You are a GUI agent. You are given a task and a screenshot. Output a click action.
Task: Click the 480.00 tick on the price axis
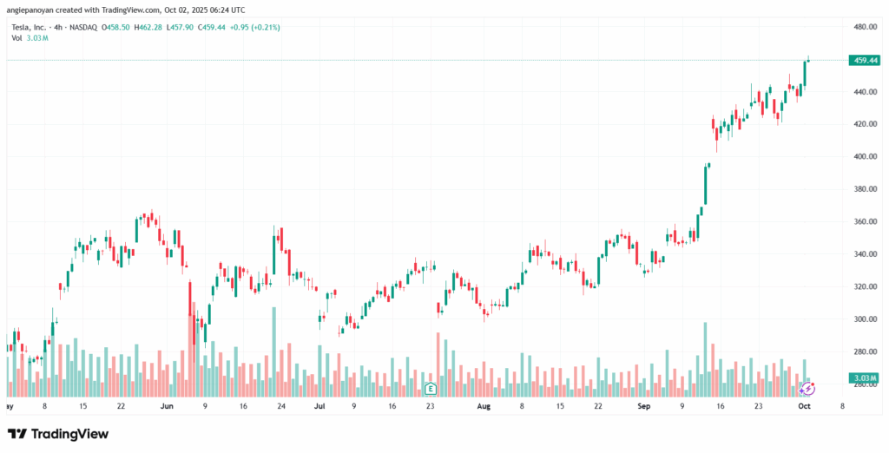[863, 27]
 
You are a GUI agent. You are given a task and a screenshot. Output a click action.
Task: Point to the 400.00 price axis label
[863, 157]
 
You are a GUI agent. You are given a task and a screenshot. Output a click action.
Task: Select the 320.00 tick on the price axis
[863, 287]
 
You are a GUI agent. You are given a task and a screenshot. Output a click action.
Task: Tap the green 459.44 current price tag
[864, 60]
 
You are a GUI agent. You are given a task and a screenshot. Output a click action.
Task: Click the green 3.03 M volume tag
[865, 378]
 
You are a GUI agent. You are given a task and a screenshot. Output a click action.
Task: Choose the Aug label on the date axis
[483, 405]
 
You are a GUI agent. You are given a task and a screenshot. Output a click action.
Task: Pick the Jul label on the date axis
[319, 405]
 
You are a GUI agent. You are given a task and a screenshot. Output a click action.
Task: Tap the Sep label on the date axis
[643, 405]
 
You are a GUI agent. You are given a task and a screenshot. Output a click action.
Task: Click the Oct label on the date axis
[805, 405]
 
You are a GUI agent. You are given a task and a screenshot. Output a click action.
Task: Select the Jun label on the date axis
[167, 405]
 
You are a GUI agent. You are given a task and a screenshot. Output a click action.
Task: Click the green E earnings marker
[429, 387]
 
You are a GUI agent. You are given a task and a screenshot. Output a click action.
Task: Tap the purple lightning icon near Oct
[807, 388]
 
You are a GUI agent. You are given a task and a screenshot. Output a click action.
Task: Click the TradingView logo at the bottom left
[58, 433]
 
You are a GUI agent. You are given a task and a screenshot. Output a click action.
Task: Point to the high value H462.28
[148, 27]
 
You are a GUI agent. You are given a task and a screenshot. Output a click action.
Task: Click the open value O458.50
[115, 27]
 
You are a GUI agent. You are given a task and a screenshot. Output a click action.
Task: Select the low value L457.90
[181, 27]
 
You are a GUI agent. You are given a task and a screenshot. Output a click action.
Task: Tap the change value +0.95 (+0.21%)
[255, 27]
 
